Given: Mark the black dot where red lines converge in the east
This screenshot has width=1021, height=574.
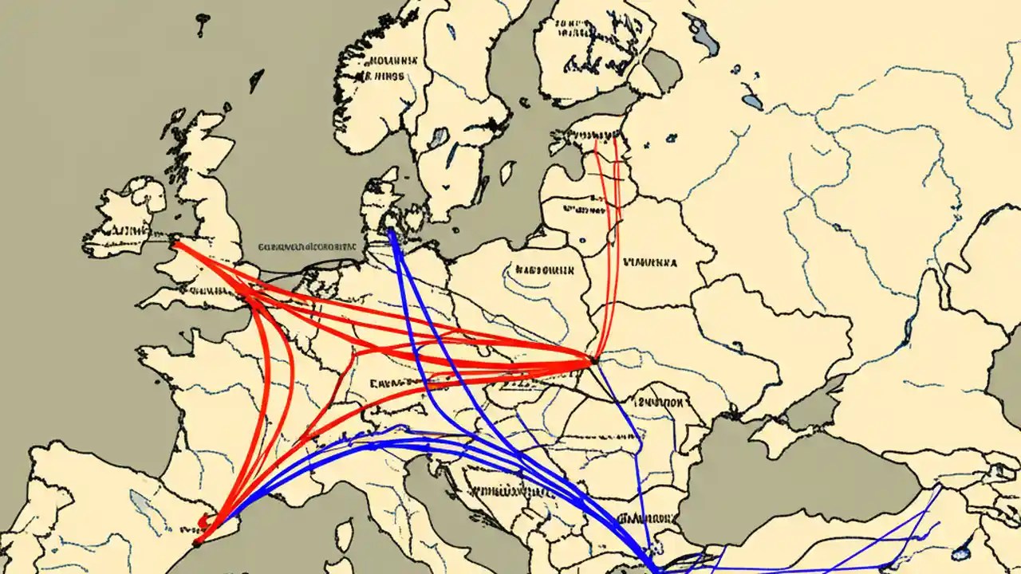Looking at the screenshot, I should pos(593,361).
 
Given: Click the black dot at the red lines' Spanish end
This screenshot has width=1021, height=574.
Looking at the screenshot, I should pos(196,544).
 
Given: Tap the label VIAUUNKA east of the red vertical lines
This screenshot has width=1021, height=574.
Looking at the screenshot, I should pos(650,261).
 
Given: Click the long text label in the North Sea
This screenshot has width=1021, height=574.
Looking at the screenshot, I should pos(306,247).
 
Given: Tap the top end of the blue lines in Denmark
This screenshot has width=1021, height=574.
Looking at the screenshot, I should pos(391,232).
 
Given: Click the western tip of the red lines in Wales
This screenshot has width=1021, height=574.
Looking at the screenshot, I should pos(175,244).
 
